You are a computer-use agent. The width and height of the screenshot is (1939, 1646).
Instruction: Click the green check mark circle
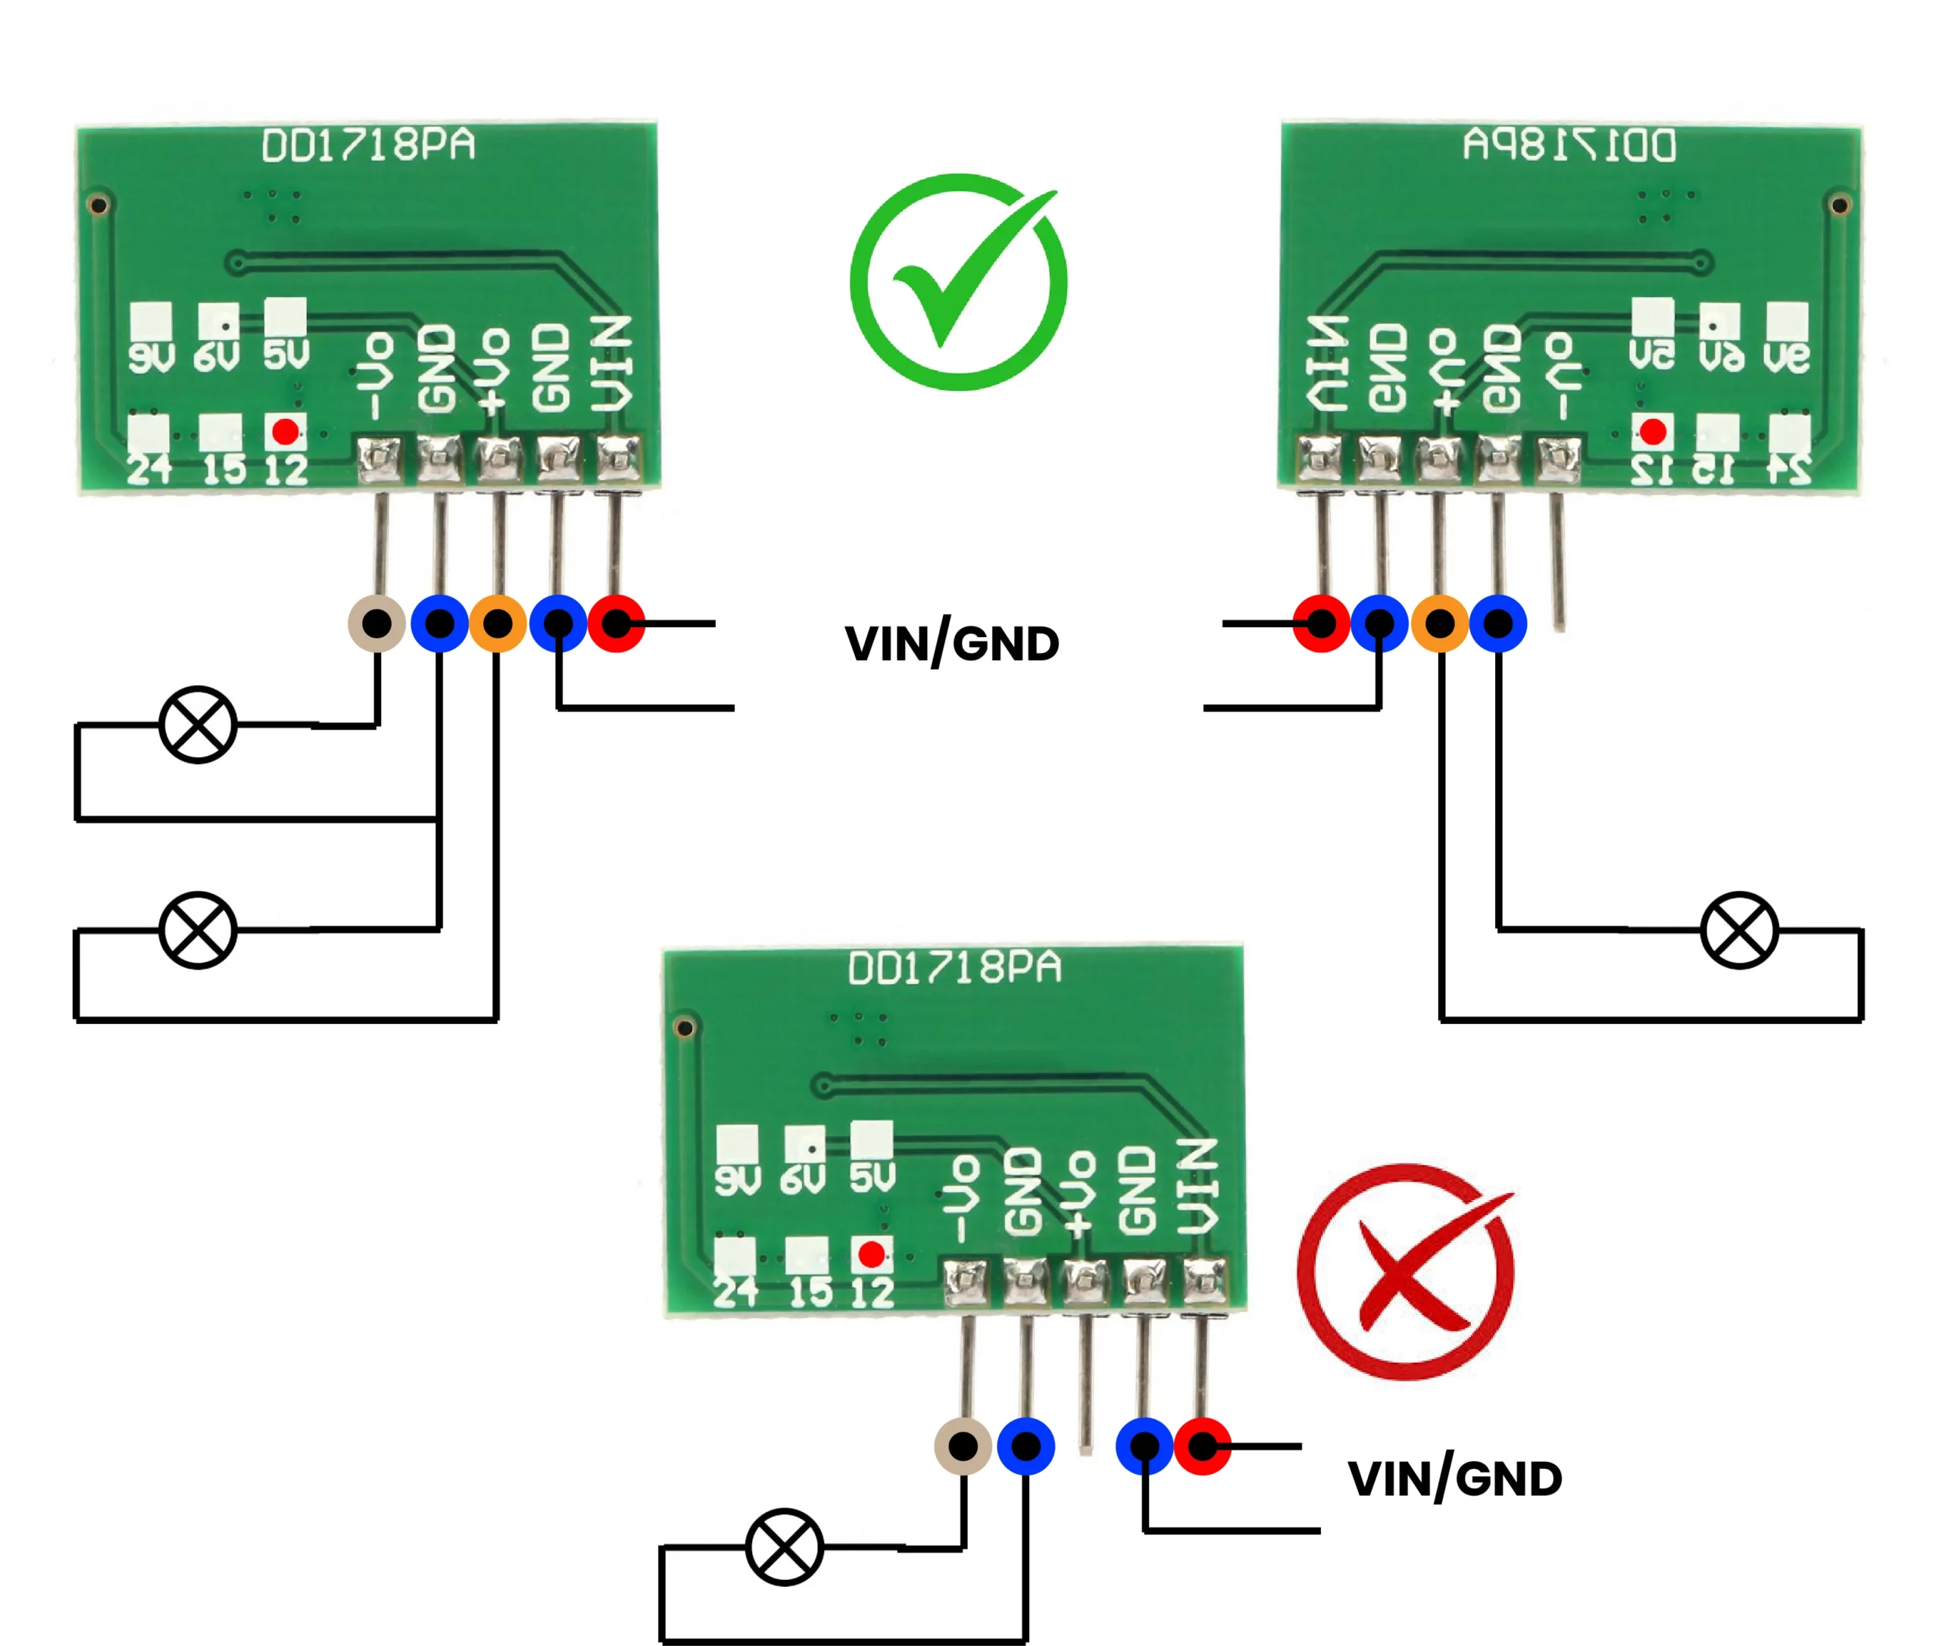(x=957, y=282)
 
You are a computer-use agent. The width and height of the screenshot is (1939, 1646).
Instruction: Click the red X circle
(x=1405, y=1271)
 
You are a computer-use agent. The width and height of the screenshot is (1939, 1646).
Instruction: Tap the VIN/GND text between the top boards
(x=952, y=643)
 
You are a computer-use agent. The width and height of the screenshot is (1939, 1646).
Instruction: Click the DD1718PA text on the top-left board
(x=369, y=145)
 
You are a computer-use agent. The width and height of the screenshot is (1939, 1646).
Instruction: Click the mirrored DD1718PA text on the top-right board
(x=1569, y=145)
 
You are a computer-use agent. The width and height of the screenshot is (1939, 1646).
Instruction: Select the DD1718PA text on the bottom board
(x=954, y=967)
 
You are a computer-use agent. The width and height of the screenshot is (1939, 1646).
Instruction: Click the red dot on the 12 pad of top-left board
(x=286, y=431)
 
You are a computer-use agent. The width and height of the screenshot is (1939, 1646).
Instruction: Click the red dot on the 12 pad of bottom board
(x=872, y=1254)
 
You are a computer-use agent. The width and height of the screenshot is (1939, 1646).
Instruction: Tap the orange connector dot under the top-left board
(x=498, y=623)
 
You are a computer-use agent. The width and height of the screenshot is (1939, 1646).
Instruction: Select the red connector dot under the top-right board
(x=1320, y=623)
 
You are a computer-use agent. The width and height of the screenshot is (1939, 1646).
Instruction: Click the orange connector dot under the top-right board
(x=1440, y=623)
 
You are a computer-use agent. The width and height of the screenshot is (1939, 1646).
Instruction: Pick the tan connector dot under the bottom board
(x=962, y=1446)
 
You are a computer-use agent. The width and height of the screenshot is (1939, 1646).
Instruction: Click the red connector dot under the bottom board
(x=1202, y=1446)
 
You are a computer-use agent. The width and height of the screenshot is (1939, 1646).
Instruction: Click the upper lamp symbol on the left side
(x=198, y=724)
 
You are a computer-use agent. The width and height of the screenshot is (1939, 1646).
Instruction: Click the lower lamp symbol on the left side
(x=198, y=929)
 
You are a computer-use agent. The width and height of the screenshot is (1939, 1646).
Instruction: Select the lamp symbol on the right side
(x=1739, y=929)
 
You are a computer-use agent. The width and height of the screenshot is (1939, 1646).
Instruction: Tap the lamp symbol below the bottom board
(x=784, y=1546)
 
